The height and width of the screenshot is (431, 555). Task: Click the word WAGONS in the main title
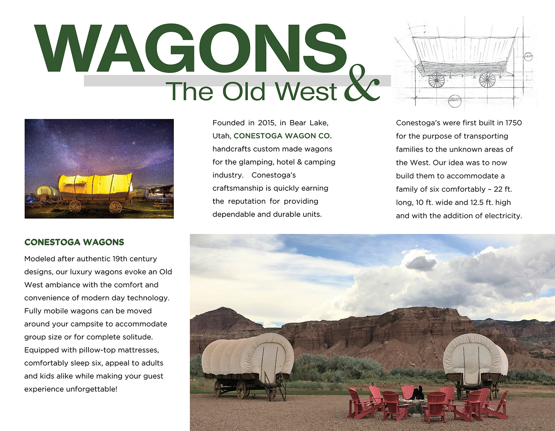(x=190, y=48)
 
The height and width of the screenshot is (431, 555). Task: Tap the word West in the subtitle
(x=306, y=92)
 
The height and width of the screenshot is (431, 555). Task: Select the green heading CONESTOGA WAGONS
(x=74, y=242)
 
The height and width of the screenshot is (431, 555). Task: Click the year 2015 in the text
(x=266, y=123)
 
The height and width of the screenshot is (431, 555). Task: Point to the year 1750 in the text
(x=513, y=123)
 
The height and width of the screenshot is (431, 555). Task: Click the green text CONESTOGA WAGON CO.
(x=283, y=136)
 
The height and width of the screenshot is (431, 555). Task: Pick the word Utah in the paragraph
(x=221, y=136)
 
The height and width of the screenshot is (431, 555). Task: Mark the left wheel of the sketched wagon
(x=436, y=81)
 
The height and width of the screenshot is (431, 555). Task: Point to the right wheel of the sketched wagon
(x=487, y=80)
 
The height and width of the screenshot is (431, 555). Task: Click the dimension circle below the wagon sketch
(x=454, y=100)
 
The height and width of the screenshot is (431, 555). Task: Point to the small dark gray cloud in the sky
(x=421, y=263)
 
